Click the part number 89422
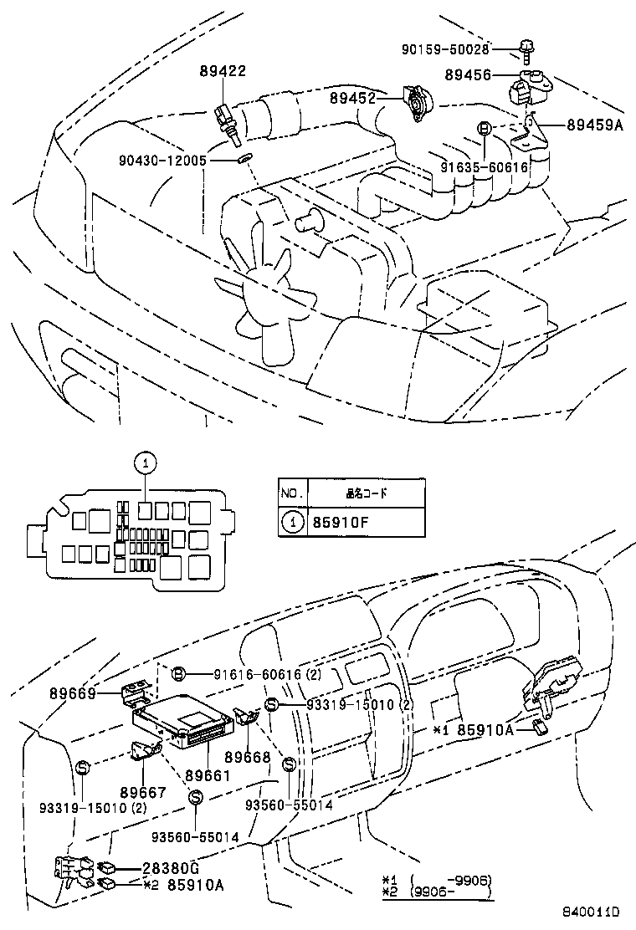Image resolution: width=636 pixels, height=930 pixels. click(x=222, y=72)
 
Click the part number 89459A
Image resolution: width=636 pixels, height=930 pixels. click(x=595, y=125)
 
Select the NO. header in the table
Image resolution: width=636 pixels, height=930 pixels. click(x=292, y=493)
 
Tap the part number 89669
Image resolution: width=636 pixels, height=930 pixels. click(x=72, y=693)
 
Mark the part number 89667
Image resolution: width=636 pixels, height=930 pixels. click(x=142, y=792)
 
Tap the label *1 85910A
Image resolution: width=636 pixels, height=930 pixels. click(x=473, y=729)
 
